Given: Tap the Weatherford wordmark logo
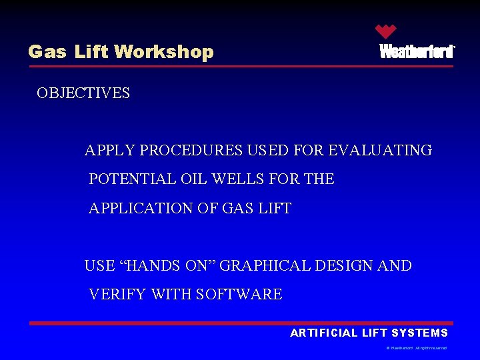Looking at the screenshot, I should pyautogui.click(x=417, y=52).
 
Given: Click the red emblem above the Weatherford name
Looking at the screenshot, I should pyautogui.click(x=385, y=31).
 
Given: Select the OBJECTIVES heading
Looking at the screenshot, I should pyautogui.click(x=83, y=93).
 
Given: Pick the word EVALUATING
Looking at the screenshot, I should pyautogui.click(x=380, y=151).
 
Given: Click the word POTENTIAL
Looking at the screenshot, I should pyautogui.click(x=133, y=179).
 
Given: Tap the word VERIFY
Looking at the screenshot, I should pyautogui.click(x=118, y=295).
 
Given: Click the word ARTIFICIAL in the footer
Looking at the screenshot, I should pyautogui.click(x=324, y=333).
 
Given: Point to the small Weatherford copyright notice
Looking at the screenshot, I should pyautogui.click(x=417, y=348).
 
